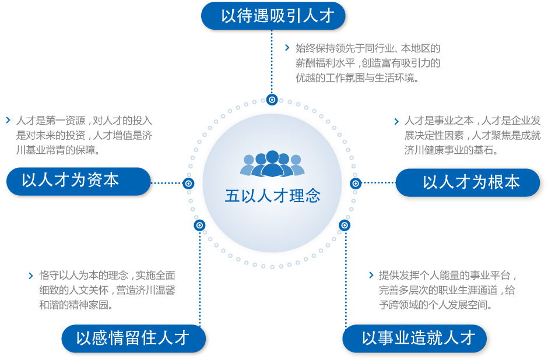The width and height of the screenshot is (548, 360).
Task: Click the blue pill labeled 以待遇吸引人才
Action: [x=273, y=16]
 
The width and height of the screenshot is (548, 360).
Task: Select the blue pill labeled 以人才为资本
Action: [x=79, y=181]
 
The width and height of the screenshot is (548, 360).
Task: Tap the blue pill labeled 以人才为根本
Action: [x=468, y=182]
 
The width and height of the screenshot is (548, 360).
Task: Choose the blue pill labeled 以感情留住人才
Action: [x=134, y=338]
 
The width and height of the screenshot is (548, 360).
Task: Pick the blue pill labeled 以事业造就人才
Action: [x=414, y=338]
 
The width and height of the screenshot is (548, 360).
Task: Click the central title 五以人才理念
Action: [x=273, y=196]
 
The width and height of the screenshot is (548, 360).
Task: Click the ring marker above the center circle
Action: [x=272, y=99]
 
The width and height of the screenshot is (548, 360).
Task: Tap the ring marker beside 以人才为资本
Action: [x=188, y=183]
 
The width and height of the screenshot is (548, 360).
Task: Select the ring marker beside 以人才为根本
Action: [x=356, y=183]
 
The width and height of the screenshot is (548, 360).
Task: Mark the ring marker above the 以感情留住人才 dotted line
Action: [x=200, y=225]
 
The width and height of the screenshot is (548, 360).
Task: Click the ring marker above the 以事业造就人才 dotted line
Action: [x=345, y=225]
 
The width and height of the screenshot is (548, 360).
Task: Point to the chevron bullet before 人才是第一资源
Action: [x=8, y=121]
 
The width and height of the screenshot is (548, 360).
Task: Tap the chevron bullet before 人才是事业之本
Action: [x=396, y=121]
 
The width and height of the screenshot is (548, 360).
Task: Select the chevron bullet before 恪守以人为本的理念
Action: [x=30, y=275]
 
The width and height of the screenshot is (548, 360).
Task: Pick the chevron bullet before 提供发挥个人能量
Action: [x=371, y=275]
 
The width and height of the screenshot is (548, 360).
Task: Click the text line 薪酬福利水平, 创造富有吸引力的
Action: [x=368, y=63]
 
